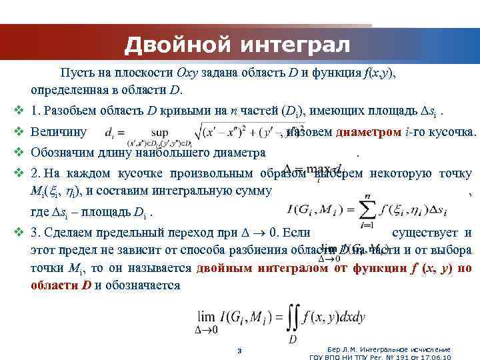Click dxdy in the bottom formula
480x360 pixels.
click(x=351, y=317)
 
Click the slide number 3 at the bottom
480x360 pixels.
click(x=239, y=351)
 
